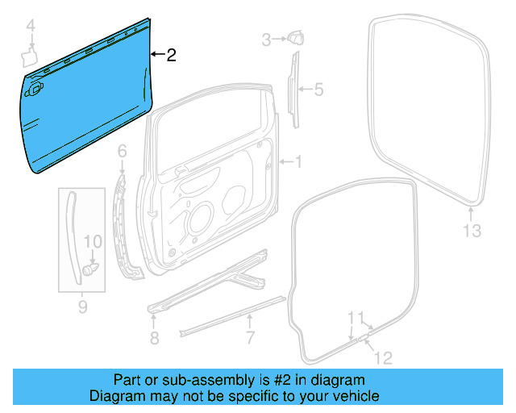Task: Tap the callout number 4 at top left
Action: pos(31,29)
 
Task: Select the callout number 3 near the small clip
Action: pos(266,39)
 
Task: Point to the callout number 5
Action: pos(318,90)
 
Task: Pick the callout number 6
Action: pos(123,151)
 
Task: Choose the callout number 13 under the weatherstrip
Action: pos(472,232)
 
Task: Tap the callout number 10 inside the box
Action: pos(94,241)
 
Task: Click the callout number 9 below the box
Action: pos(81,307)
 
